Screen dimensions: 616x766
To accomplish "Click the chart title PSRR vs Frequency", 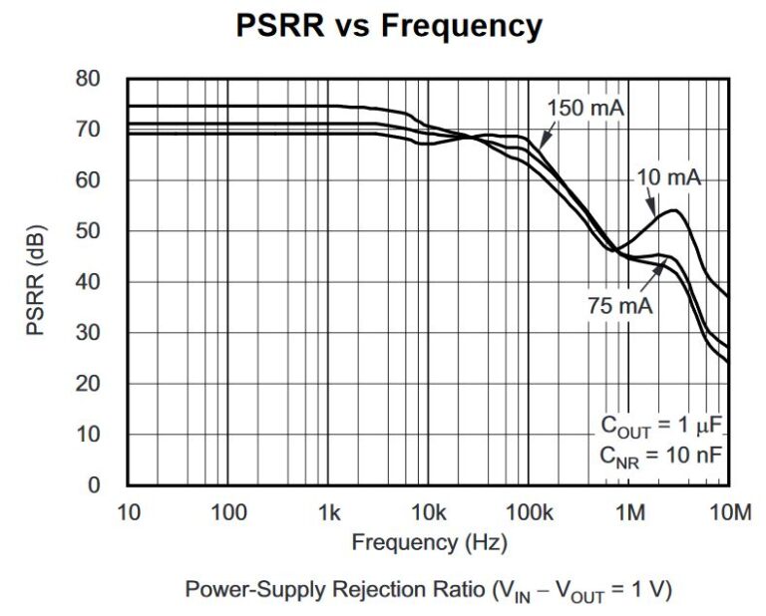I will pos(389,26).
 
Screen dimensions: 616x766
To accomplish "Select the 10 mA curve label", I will pos(668,178).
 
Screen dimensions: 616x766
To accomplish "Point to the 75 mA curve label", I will pos(619,306).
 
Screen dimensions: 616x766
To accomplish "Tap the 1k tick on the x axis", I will pos(328,513).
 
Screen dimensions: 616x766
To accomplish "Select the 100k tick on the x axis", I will pos(529,513).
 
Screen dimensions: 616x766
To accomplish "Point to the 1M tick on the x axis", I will pos(629,513).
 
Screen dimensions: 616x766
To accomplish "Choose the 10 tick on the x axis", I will pos(128,513).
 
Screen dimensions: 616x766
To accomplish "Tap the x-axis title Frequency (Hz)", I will pos(429,543).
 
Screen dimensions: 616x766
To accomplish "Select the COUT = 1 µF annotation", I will pos(660,426).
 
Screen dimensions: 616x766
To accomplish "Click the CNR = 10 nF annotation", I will pos(660,456).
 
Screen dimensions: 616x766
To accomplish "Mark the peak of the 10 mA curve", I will pos(674,210).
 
